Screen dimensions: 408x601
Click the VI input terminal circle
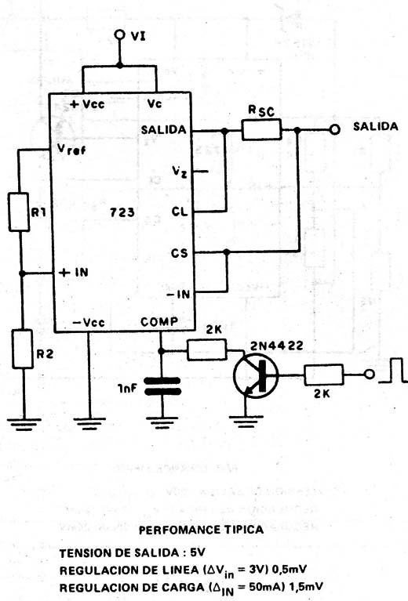pyautogui.click(x=120, y=35)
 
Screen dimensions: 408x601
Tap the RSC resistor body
pyautogui.click(x=261, y=129)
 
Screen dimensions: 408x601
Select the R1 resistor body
pyautogui.click(x=19, y=212)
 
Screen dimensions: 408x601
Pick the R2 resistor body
pyautogui.click(x=23, y=349)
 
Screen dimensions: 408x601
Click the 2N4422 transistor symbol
pyautogui.click(x=256, y=375)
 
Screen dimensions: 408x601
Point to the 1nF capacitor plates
pyautogui.click(x=162, y=386)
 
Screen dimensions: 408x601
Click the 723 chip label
pyautogui.click(x=122, y=212)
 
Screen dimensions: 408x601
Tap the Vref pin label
pyautogui.click(x=71, y=149)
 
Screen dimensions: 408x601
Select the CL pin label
pyautogui.click(x=180, y=212)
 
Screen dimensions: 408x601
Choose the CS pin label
pyautogui.click(x=180, y=253)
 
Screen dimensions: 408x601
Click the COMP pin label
pyautogui.click(x=159, y=321)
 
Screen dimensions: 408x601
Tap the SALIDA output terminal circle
pyautogui.click(x=335, y=130)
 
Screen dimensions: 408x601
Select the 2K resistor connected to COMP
pyautogui.click(x=207, y=349)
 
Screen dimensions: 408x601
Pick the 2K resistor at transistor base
pyautogui.click(x=324, y=375)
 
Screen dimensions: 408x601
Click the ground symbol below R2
pyautogui.click(x=24, y=424)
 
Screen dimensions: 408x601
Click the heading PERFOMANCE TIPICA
pyautogui.click(x=201, y=530)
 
